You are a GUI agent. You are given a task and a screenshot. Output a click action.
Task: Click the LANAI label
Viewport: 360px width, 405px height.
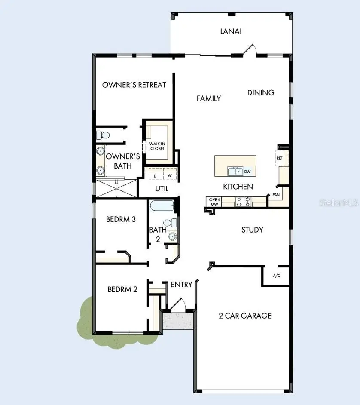[231, 31]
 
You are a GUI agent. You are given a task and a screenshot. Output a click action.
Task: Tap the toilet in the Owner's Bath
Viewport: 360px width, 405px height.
[103, 135]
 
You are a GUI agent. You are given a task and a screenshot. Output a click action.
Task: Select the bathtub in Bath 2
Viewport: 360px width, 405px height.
[162, 206]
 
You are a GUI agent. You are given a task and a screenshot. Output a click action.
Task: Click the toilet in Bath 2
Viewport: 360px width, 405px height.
[170, 223]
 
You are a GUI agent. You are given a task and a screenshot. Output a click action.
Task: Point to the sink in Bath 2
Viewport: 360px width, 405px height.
[172, 236]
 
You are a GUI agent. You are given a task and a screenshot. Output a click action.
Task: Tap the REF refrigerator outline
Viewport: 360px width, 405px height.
[282, 158]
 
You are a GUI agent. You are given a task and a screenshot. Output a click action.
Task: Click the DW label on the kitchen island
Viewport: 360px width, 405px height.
[247, 172]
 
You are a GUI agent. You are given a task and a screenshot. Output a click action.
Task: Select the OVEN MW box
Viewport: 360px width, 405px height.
[214, 202]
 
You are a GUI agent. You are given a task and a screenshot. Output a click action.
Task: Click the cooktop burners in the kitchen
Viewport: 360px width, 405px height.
[243, 202]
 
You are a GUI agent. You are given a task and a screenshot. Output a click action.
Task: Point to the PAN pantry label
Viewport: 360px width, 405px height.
[276, 195]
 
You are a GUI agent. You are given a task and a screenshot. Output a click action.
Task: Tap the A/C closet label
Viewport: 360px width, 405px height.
[276, 276]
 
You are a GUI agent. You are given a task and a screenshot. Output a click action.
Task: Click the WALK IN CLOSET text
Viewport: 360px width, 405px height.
[157, 146]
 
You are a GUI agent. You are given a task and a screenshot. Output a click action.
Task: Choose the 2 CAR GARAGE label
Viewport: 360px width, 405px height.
[245, 316]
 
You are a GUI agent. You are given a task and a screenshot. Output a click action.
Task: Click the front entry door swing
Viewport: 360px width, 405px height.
[178, 304]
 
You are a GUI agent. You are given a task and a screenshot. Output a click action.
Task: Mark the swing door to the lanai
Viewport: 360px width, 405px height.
[250, 49]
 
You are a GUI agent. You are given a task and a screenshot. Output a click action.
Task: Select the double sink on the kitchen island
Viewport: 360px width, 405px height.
[235, 171]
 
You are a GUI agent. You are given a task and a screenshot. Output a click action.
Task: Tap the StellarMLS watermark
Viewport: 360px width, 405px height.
[339, 203]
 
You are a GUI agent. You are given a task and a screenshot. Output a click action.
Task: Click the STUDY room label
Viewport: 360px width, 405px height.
[252, 230]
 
